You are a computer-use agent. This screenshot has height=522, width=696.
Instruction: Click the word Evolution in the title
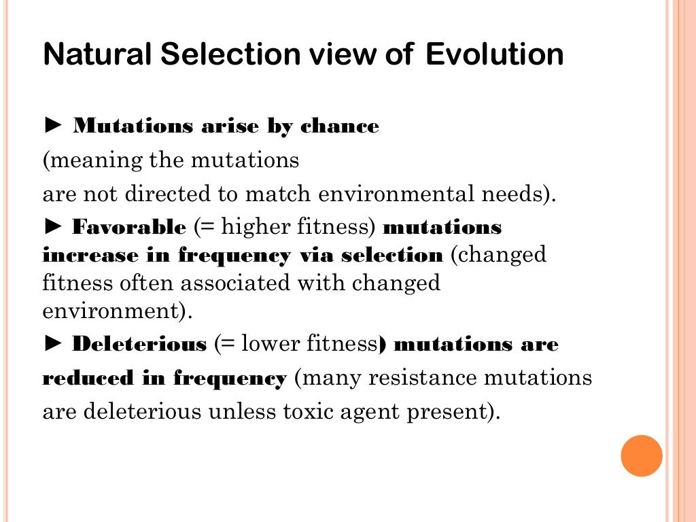494,55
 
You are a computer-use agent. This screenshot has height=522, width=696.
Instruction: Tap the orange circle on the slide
642,455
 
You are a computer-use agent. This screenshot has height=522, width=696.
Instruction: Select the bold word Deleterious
139,344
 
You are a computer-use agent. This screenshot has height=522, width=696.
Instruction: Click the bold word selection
391,256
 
